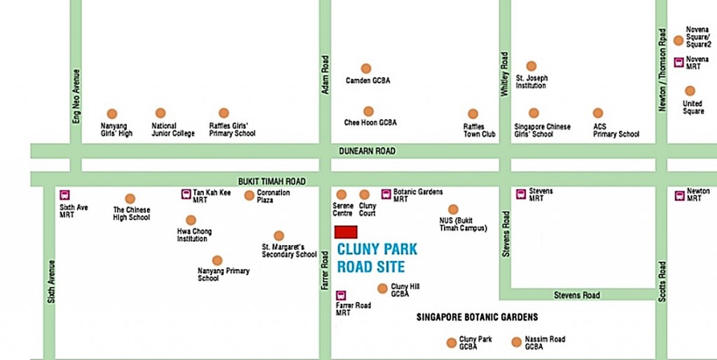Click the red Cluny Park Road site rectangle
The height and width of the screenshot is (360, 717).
(x=346, y=232)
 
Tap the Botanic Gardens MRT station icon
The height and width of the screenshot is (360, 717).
(x=386, y=193)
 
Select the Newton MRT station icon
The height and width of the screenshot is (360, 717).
(x=679, y=195)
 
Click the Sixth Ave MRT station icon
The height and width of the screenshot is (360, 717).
(x=65, y=195)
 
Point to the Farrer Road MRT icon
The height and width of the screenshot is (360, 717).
(x=341, y=296)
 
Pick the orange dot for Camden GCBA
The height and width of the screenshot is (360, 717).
(x=366, y=69)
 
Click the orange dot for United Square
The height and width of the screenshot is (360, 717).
(x=690, y=91)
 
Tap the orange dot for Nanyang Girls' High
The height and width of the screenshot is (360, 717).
(x=111, y=113)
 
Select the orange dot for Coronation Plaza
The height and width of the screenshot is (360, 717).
(x=249, y=195)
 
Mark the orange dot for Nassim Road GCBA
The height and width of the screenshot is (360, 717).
(x=517, y=342)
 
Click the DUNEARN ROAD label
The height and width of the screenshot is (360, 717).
(x=367, y=151)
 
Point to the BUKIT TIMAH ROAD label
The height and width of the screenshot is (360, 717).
(x=272, y=181)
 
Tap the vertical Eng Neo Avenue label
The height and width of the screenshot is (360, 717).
(x=76, y=96)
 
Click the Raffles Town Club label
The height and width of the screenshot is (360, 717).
(x=479, y=130)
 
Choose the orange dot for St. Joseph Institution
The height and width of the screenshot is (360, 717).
(x=531, y=66)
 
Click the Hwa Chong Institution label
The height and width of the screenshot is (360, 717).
(x=194, y=235)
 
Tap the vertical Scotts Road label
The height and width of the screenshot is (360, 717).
(x=662, y=282)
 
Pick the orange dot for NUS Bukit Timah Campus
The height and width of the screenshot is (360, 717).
(x=453, y=209)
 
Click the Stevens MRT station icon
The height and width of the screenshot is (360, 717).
(x=520, y=194)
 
